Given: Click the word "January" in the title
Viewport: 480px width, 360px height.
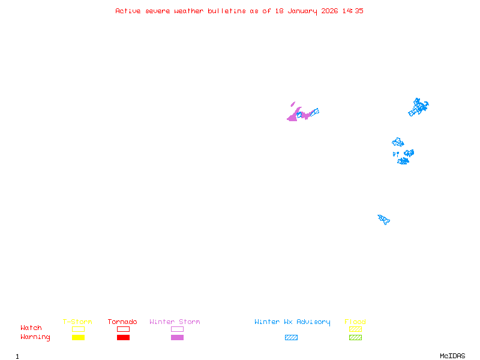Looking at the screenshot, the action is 302,11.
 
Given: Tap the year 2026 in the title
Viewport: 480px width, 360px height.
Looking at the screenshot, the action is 329,11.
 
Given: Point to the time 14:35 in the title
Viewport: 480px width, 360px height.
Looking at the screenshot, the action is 353,11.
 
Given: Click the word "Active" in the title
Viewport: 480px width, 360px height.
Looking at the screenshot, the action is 128,11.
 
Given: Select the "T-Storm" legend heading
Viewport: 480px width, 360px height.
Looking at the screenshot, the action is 77,322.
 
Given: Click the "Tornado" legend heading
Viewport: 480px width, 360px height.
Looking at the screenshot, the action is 122,322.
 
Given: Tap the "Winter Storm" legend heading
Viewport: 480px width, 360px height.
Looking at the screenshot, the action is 175,322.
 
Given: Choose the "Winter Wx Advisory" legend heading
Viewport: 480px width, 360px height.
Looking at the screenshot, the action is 292,322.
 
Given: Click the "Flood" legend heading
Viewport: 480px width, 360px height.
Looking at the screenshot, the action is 355,322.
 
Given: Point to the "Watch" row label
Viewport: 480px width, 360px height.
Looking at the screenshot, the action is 31,328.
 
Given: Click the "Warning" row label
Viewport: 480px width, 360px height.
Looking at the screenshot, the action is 35,337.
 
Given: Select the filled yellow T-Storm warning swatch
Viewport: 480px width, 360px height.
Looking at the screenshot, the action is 79,337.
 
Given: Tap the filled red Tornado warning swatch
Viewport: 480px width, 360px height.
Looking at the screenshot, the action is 124,337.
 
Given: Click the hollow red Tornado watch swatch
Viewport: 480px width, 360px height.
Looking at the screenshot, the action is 124,326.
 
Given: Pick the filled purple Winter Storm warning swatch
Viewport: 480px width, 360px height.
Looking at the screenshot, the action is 177,337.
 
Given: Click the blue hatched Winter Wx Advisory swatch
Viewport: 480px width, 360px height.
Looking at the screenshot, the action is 291,337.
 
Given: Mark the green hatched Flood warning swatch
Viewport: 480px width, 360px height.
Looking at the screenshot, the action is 355,337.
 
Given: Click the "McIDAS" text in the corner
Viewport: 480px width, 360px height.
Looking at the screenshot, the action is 452,356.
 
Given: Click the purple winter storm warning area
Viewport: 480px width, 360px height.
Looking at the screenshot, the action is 293,116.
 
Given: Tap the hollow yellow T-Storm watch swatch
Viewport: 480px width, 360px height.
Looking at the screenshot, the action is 79,326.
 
